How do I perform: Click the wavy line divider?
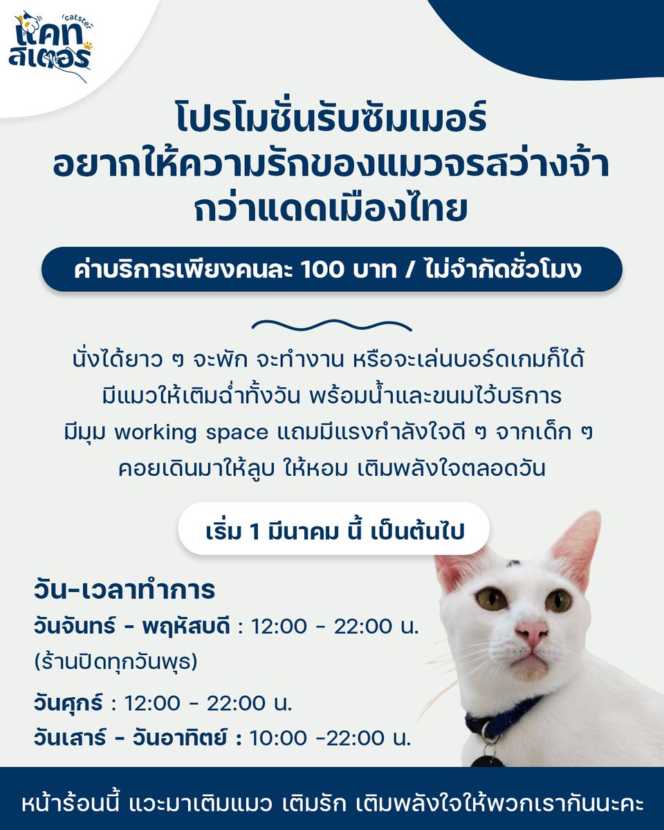[x=332, y=325]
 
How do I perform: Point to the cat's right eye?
[x=557, y=600]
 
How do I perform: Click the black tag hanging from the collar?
[x=488, y=759]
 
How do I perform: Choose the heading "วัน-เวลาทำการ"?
[x=124, y=592]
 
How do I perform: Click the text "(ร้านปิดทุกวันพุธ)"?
[x=116, y=661]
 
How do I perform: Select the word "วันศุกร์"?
[x=70, y=703]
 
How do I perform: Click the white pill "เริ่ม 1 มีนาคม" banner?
[x=334, y=533]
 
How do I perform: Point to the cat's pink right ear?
[x=577, y=546]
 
